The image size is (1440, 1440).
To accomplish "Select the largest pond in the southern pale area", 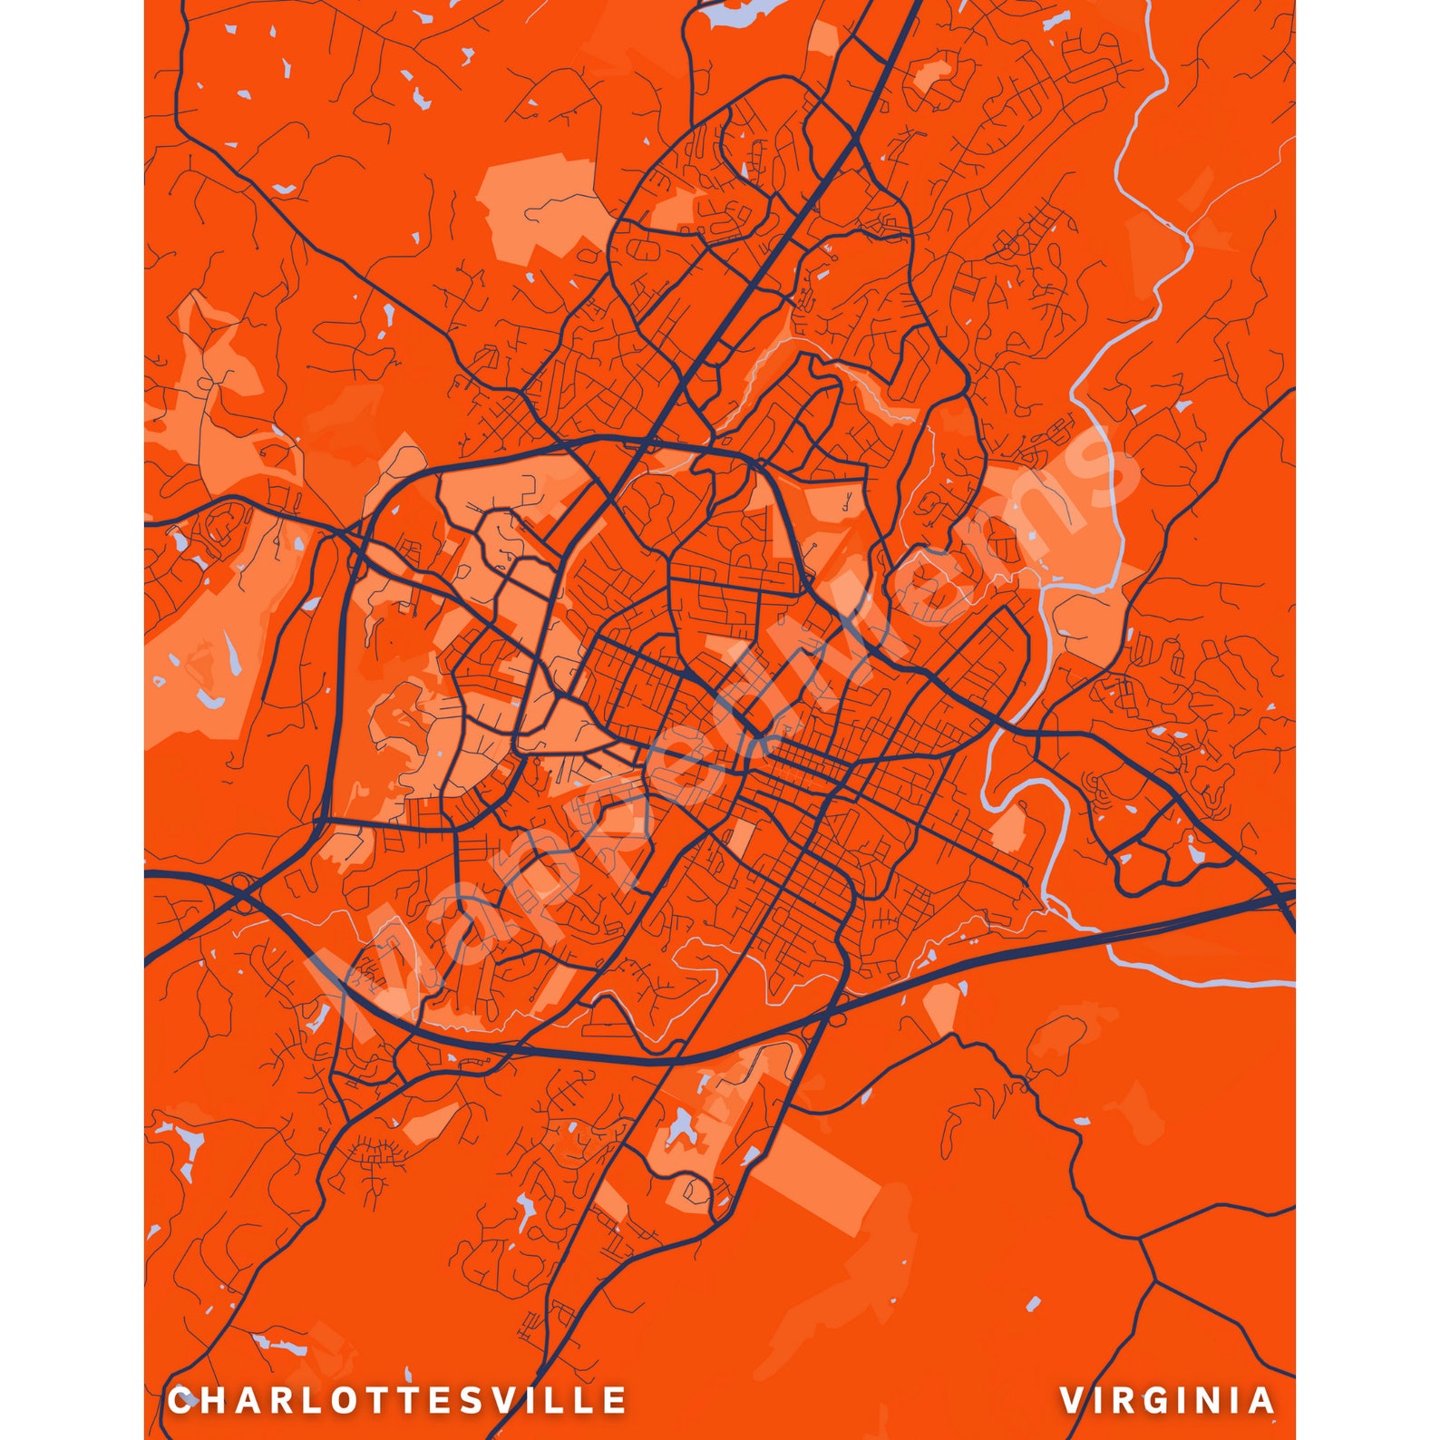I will click(x=682, y=1129).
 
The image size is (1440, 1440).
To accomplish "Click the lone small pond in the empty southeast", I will click(x=1032, y=1306).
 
